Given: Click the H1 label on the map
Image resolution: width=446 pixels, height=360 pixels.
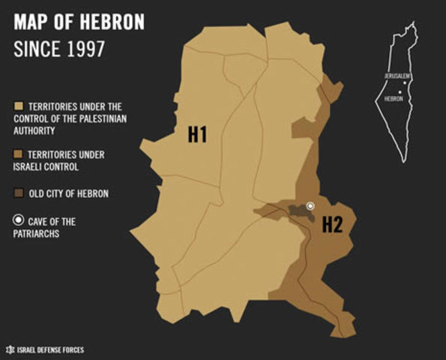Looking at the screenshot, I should click(197, 135).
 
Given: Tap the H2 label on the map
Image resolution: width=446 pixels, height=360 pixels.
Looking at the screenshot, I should click(332, 224).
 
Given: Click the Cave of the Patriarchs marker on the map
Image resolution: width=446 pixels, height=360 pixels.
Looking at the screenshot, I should click(310, 205).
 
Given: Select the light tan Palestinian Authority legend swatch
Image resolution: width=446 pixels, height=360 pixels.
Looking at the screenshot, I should click(19, 106).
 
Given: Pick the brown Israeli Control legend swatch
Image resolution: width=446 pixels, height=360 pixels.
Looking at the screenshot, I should click(19, 154).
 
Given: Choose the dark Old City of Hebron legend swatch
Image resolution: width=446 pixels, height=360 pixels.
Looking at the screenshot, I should click(19, 193).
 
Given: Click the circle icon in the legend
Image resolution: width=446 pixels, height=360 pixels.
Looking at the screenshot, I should click(19, 221).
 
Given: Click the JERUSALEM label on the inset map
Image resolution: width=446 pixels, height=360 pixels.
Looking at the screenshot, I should click(397, 76).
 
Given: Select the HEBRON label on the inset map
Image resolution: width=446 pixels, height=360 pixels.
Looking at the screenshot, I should click(394, 98).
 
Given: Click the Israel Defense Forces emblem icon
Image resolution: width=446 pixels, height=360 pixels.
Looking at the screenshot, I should click(10, 349).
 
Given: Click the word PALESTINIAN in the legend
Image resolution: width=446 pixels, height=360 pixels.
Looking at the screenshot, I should click(102, 118).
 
